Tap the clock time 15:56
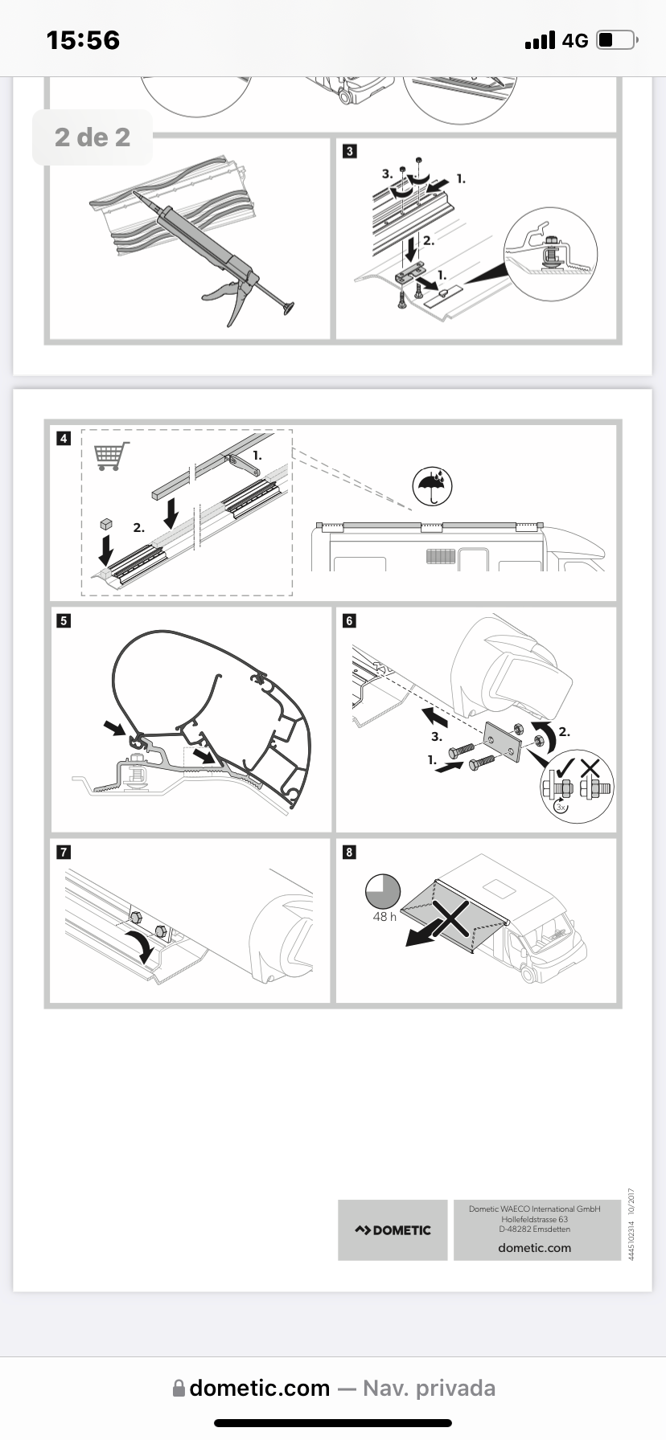[83, 40]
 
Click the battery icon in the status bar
[617, 40]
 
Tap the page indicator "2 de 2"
[92, 137]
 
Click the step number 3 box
[349, 151]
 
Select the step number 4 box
[64, 439]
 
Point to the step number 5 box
[64, 620]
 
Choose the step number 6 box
[349, 620]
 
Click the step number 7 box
[64, 852]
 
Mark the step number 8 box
[349, 852]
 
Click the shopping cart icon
[112, 456]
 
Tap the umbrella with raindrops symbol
[433, 486]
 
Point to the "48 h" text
[384, 917]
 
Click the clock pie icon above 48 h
[383, 891]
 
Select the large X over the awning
[452, 918]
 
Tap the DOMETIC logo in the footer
[393, 1230]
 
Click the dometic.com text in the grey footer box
[534, 1248]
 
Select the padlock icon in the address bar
[179, 1389]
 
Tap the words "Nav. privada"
[429, 1389]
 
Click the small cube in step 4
[104, 523]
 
